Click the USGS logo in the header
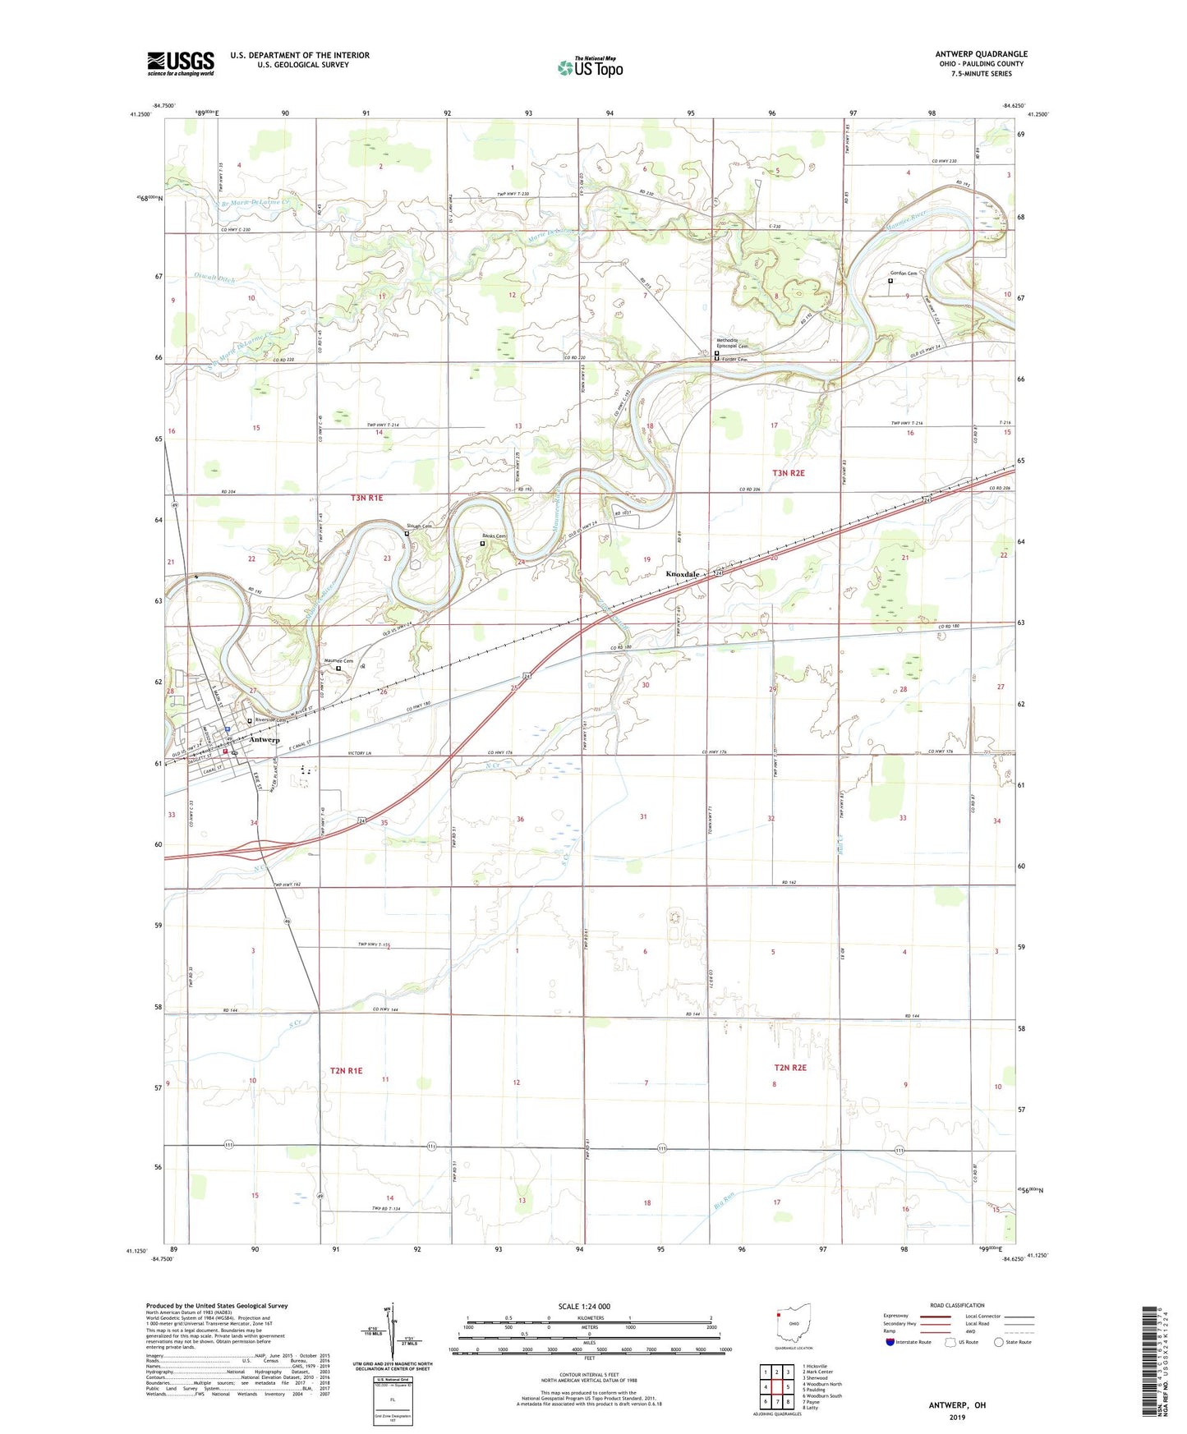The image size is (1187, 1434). click(x=180, y=63)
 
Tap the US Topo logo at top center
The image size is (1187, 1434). click(x=590, y=67)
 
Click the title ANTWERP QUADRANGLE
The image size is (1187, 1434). click(x=981, y=54)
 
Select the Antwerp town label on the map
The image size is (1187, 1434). click(x=265, y=740)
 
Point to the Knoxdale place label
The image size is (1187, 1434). click(x=683, y=574)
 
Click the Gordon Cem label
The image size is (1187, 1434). click(x=903, y=273)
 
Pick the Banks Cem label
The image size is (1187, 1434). click(x=494, y=536)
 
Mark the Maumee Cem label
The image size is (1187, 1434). click(x=338, y=661)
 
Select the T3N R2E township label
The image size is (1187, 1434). click(x=788, y=473)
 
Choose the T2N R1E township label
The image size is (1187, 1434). click(x=346, y=1071)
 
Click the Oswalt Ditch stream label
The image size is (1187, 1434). click(x=214, y=279)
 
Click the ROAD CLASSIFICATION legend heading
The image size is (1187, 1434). click(x=957, y=1305)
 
